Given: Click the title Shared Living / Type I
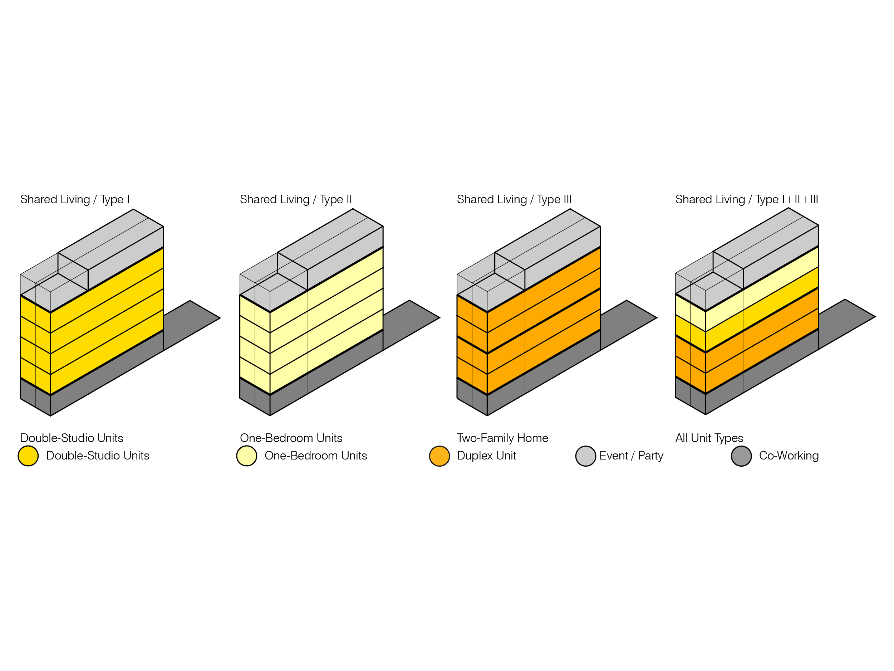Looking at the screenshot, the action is point(75,199).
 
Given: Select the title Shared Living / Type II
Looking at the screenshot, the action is point(295,199).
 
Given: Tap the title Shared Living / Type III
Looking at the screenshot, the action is point(514,199).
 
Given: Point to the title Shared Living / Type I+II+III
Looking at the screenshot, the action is point(746,199).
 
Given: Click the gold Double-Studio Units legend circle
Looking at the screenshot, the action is point(28,456).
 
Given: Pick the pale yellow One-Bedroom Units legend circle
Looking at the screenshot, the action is point(246,456).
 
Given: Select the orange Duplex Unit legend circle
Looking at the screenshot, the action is point(439,456).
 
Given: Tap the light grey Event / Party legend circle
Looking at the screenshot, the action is point(585,456).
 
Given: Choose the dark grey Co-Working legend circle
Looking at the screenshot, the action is point(741,456).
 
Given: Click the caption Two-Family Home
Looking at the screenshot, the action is point(502,438).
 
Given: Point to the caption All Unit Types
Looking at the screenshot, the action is point(709,438).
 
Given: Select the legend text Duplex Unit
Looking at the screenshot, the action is point(486,456).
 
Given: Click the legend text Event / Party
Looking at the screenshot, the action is point(631,456).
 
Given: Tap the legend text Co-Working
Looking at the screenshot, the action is point(789,456).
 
